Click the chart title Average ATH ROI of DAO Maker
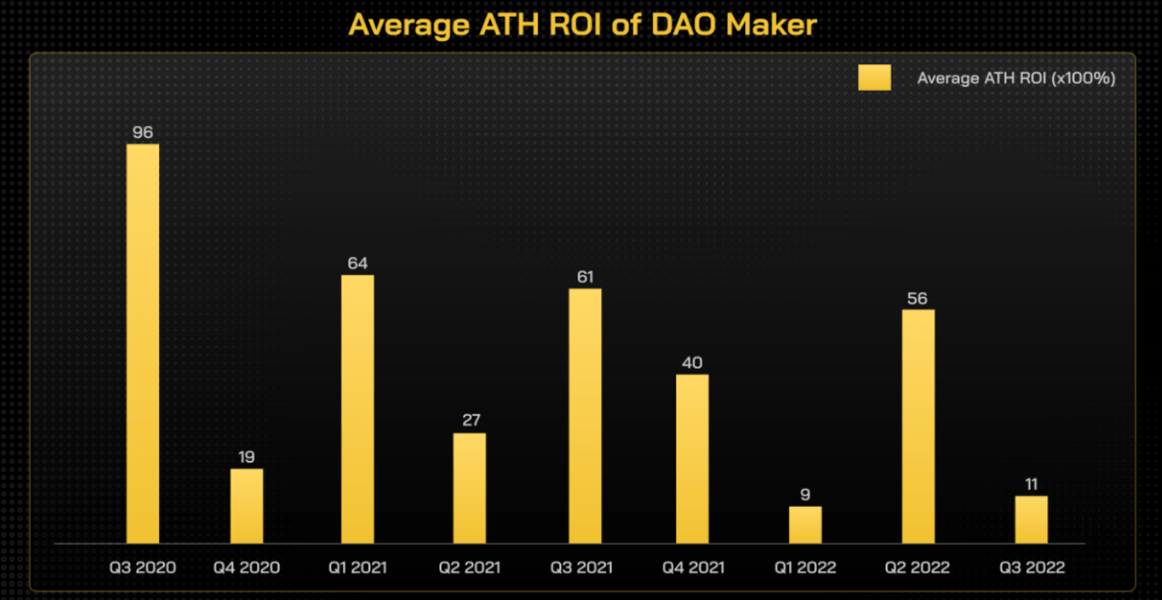click(583, 24)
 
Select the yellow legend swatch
click(874, 77)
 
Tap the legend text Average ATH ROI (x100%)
click(1016, 78)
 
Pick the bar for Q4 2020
click(246, 506)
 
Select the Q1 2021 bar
click(357, 409)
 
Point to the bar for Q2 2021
click(469, 488)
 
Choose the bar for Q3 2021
click(585, 416)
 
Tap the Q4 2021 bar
click(693, 459)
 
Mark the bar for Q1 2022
click(805, 524)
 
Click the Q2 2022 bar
click(918, 426)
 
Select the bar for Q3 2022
click(1031, 519)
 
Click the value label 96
click(142, 131)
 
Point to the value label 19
click(246, 457)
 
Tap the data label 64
click(357, 263)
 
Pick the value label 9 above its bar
click(805, 494)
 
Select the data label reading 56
click(917, 298)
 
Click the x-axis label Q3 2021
click(581, 568)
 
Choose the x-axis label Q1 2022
click(807, 568)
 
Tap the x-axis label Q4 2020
click(246, 568)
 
